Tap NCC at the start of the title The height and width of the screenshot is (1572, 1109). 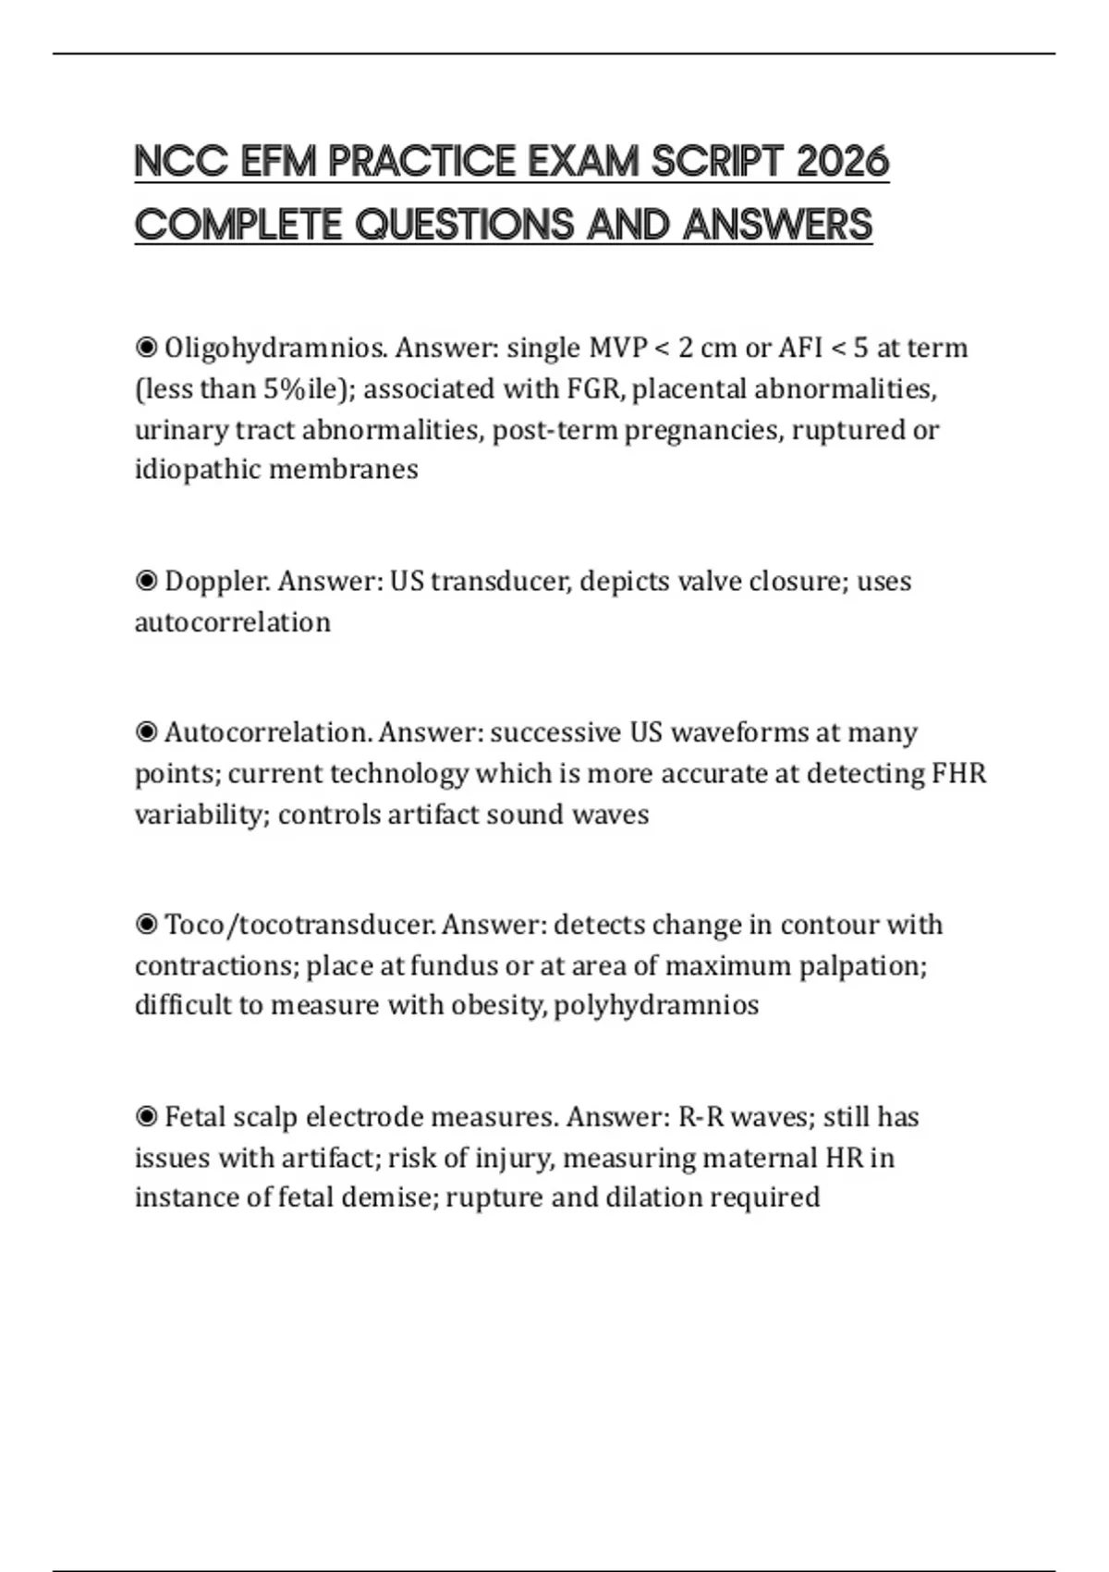pyautogui.click(x=181, y=162)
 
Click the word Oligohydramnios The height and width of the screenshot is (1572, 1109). pyautogui.click(x=275, y=349)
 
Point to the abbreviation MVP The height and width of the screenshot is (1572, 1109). pyautogui.click(x=618, y=349)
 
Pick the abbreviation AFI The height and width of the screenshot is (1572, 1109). pyautogui.click(x=800, y=349)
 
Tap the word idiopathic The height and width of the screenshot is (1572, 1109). pyautogui.click(x=197, y=470)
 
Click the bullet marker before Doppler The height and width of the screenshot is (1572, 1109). pyautogui.click(x=146, y=582)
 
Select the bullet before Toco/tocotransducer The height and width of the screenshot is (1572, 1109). pyautogui.click(x=146, y=925)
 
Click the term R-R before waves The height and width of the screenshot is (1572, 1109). pyautogui.click(x=701, y=1117)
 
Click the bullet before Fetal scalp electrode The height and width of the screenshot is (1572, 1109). pyautogui.click(x=146, y=1117)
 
